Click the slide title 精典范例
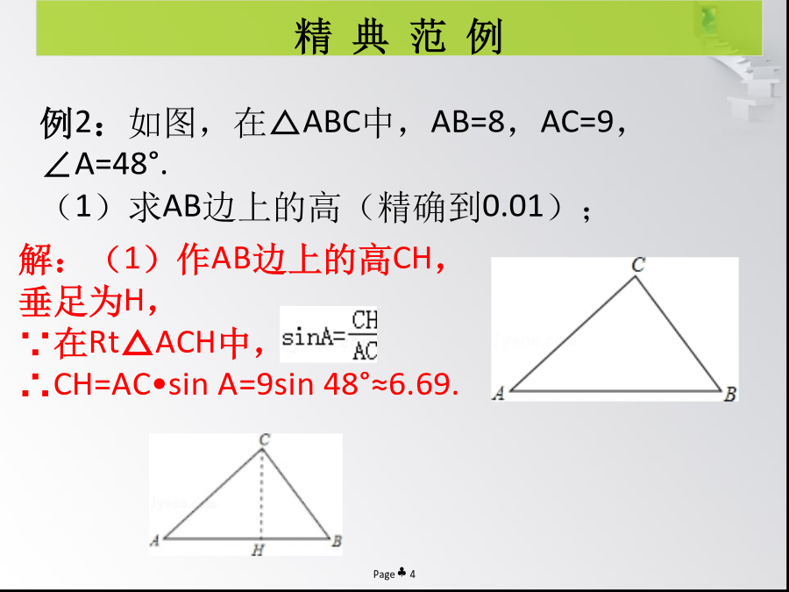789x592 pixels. coord(399,36)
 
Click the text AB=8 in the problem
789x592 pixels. coord(467,122)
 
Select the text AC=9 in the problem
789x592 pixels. coord(576,122)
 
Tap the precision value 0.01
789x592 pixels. coord(513,206)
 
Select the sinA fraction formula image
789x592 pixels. coord(328,334)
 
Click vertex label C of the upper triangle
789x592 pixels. coord(638,265)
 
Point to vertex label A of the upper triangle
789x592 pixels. coord(499,393)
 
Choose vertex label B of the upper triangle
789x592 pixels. coord(730,394)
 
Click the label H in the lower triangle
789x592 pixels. coord(258,550)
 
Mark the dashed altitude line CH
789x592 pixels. coord(261,493)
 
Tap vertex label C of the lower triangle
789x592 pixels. coord(264,440)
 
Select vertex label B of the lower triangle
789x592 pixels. coord(337,541)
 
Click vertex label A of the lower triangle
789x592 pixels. coord(155,540)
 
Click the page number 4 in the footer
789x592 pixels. coord(413,574)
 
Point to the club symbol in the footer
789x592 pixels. coord(402,573)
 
